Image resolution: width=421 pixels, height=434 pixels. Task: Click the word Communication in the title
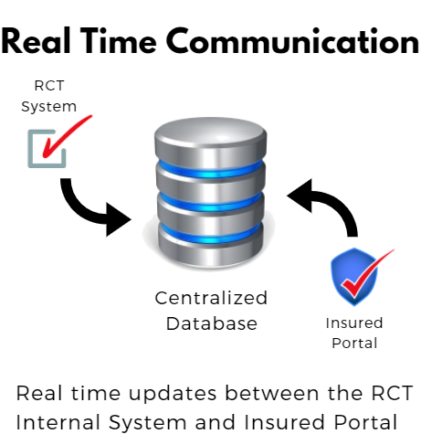click(293, 41)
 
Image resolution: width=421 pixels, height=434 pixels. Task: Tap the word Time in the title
click(119, 41)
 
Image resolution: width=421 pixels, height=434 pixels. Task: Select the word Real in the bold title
click(36, 41)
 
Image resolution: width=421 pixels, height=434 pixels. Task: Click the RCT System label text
click(48, 96)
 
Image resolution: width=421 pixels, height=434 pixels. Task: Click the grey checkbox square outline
click(29, 149)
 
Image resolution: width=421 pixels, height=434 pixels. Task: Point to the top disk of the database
click(211, 137)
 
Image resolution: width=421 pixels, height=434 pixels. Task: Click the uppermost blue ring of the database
click(211, 171)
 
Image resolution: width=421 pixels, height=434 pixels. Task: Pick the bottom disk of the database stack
click(211, 250)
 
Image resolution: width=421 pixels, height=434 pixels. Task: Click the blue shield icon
click(354, 277)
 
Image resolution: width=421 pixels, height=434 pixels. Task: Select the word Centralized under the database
click(211, 298)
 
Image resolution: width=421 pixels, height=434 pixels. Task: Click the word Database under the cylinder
click(212, 323)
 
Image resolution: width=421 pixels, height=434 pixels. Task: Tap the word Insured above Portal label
click(354, 323)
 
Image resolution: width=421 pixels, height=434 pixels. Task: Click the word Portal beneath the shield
click(354, 343)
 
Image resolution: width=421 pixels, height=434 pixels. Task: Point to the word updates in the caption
click(173, 394)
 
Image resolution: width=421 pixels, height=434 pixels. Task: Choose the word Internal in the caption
click(58, 422)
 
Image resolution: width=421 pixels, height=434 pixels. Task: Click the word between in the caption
click(272, 393)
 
